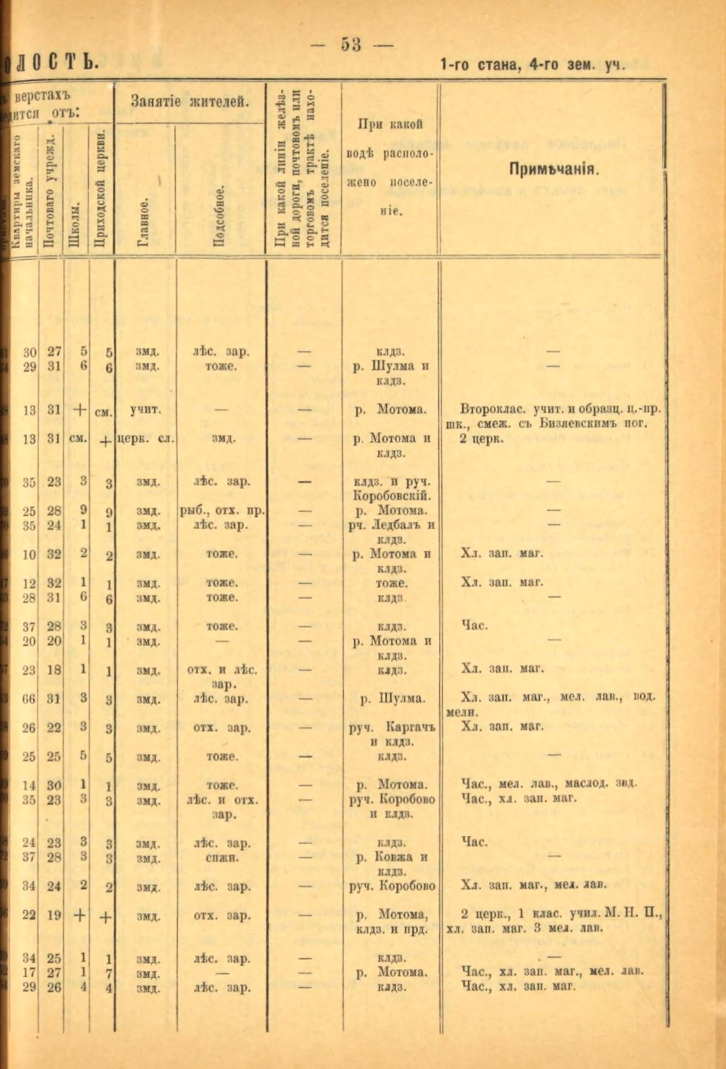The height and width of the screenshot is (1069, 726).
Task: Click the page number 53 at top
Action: (x=351, y=45)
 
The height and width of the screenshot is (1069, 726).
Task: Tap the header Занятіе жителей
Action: (x=188, y=100)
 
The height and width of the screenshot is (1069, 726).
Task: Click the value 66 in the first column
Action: (x=29, y=698)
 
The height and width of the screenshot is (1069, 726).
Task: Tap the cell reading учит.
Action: (x=144, y=410)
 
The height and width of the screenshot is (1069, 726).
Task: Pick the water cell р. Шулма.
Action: (x=390, y=698)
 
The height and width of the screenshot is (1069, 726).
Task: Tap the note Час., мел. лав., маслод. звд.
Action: (x=549, y=784)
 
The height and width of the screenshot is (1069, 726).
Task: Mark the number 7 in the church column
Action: (x=108, y=974)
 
